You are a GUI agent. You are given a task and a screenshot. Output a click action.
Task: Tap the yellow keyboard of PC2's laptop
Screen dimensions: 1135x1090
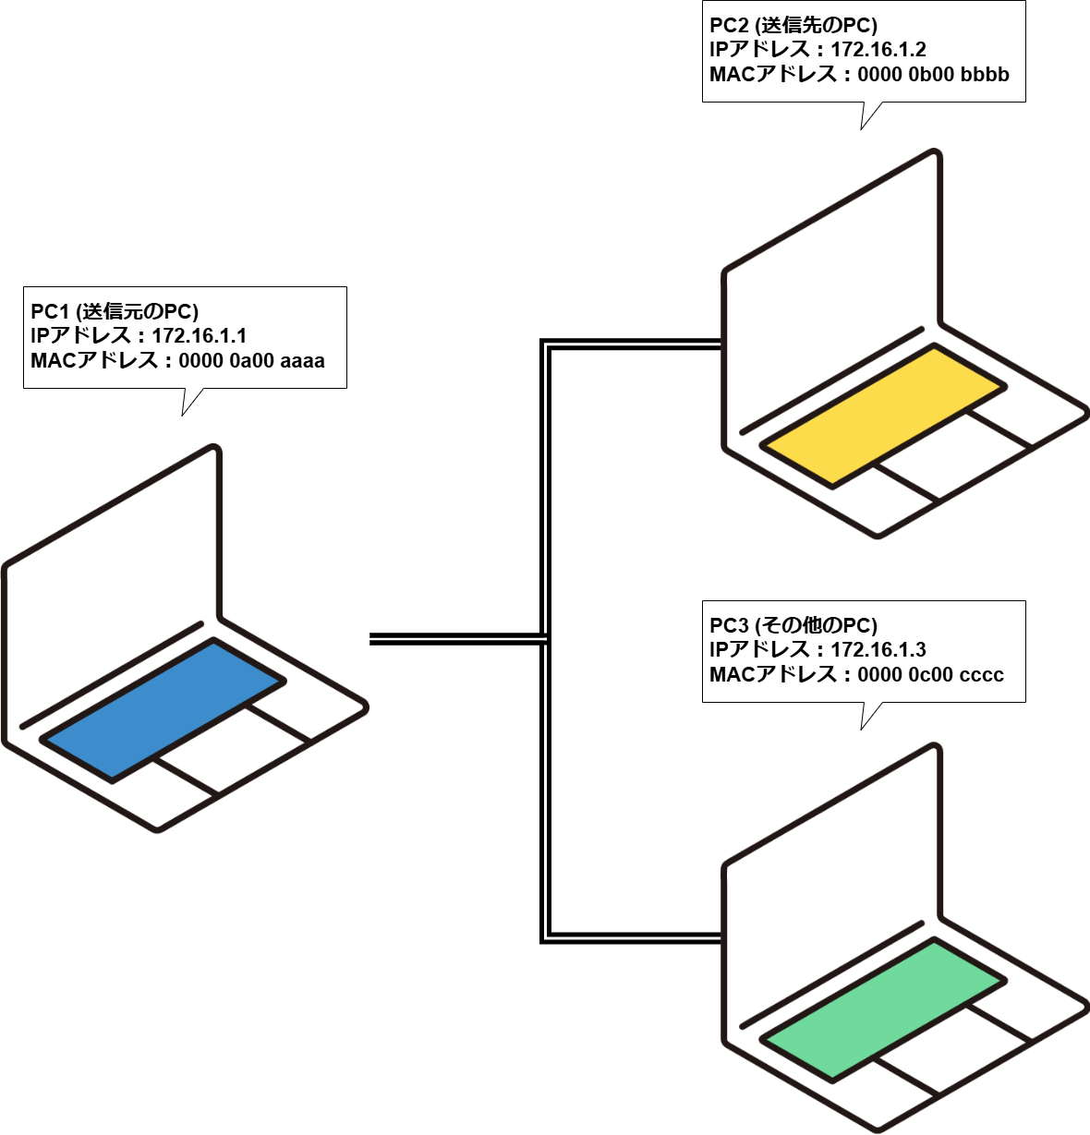coord(882,415)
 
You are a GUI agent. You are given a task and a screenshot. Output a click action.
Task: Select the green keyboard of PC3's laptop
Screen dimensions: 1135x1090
coord(882,1008)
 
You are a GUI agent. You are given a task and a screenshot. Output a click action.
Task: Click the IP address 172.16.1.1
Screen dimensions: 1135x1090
coord(199,336)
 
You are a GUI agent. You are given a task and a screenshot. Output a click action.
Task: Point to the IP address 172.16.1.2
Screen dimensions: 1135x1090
coord(878,50)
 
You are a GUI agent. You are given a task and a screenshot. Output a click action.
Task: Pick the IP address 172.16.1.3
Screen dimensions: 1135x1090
coord(878,650)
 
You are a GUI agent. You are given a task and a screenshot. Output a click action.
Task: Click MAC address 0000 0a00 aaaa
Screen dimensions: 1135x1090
coord(251,361)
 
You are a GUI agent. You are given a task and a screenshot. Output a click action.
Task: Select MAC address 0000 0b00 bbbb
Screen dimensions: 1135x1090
coord(933,75)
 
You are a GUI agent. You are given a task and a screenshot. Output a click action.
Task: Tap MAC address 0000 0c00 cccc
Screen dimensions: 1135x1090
coord(930,675)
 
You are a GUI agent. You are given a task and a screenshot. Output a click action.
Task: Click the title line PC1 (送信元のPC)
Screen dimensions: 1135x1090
coord(115,311)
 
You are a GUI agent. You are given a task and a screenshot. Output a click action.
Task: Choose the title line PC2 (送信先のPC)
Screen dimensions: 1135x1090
coord(793,25)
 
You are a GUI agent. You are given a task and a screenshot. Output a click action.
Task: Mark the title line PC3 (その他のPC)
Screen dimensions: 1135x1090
coord(793,625)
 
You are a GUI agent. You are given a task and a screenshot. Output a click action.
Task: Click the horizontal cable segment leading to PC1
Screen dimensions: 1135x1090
coord(453,638)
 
